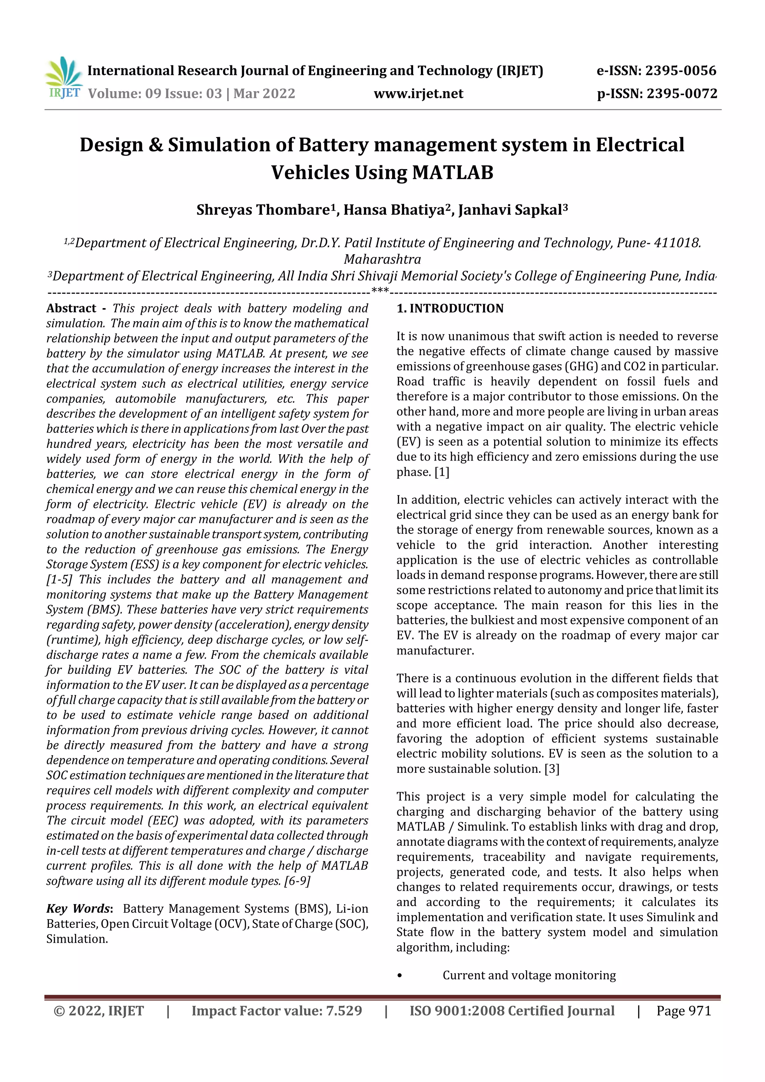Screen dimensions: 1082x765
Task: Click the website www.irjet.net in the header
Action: tap(419, 93)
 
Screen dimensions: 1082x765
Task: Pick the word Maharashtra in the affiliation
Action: tap(382, 259)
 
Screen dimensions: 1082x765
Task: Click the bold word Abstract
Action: tap(71, 308)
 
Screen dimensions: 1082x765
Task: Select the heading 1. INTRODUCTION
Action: tap(450, 308)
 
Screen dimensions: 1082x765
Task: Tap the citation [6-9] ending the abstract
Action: tap(297, 881)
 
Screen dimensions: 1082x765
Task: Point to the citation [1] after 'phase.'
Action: tap(442, 472)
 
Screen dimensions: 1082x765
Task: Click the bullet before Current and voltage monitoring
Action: tap(400, 975)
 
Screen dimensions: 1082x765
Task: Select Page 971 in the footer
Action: tap(684, 1011)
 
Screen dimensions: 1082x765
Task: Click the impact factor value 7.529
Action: tap(344, 1011)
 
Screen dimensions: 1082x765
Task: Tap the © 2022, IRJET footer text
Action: tap(99, 1011)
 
